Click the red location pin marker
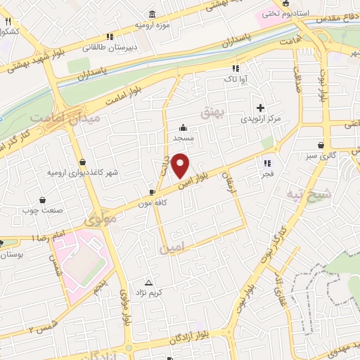181,165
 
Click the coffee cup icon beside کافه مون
153,191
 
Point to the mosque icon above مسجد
184,128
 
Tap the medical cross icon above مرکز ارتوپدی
260,108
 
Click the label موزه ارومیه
153,25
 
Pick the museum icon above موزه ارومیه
153,14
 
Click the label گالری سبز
323,155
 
